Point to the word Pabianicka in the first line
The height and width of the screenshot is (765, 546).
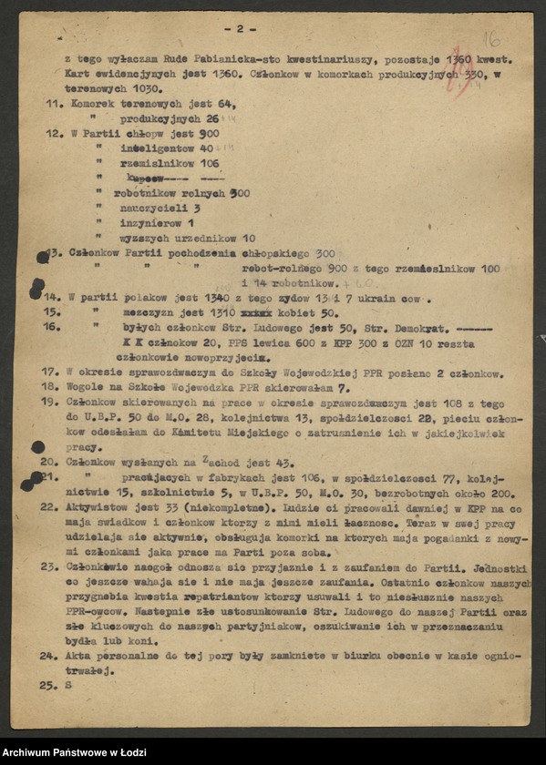tap(194, 57)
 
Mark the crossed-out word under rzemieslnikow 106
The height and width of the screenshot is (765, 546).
tap(145, 178)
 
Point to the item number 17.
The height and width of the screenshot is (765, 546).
tap(53, 372)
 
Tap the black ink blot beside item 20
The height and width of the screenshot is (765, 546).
tap(37, 447)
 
